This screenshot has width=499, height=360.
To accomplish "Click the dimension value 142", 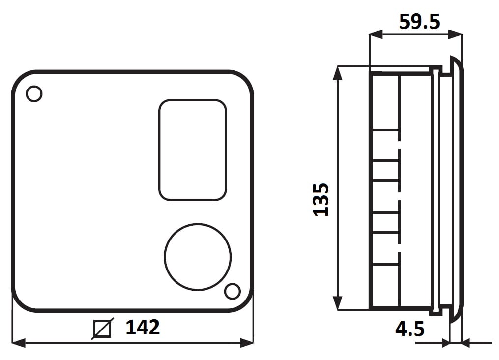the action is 143,327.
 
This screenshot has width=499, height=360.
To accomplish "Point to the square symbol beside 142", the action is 102,329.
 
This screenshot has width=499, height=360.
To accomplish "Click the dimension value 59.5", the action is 419,22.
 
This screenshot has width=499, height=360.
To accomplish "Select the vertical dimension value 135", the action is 321,200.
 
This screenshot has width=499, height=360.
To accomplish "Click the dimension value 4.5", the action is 410,329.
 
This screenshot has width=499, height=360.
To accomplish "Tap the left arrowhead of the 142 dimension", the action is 19,343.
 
